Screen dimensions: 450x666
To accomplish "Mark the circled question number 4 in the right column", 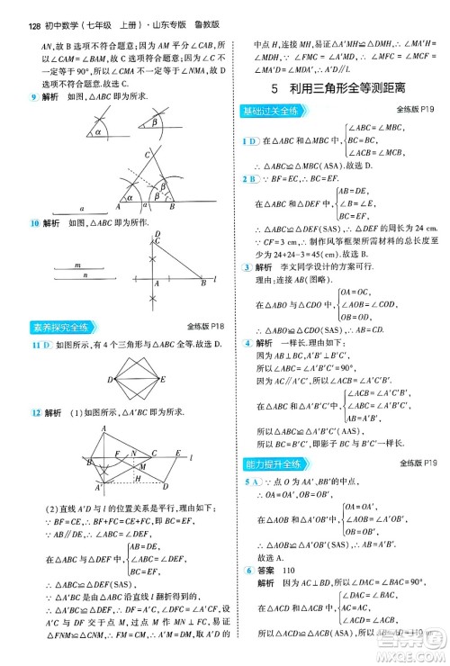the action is click(x=247, y=343).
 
